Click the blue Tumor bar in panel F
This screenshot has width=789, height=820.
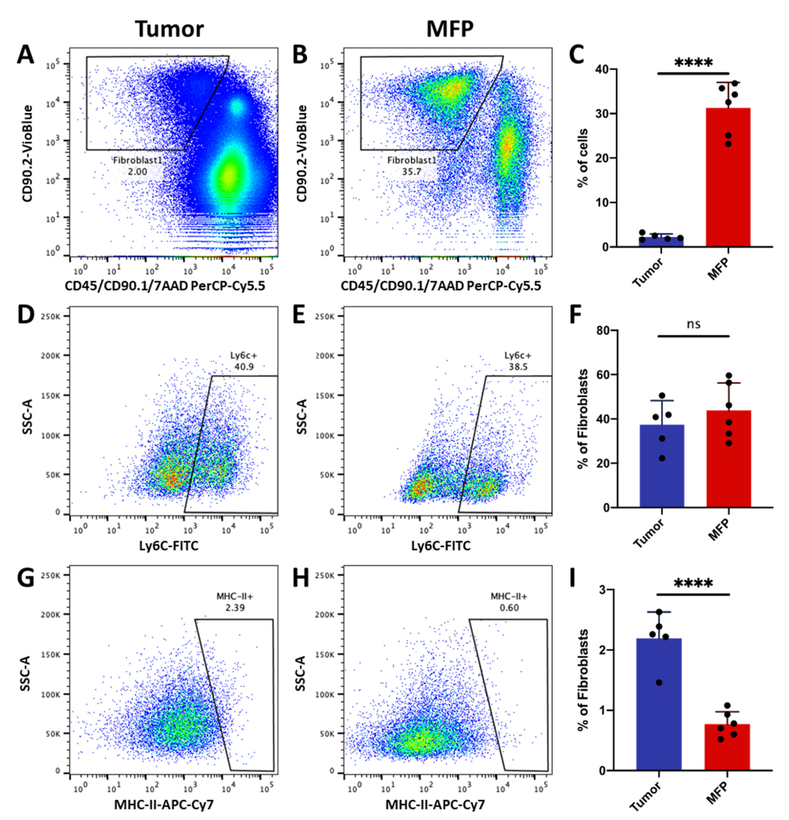tap(662, 466)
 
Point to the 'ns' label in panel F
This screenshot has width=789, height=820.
tap(694, 324)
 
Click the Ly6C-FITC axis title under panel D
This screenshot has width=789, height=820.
tap(169, 546)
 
